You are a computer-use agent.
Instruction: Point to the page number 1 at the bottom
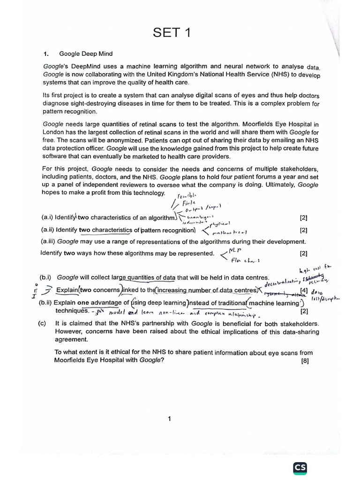[x=169, y=419]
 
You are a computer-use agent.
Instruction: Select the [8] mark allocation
[x=305, y=361]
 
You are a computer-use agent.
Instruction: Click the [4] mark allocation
[x=304, y=291]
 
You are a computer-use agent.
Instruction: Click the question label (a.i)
[x=47, y=217]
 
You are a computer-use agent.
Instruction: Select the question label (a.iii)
[x=49, y=242]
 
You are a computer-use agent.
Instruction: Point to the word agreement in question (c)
[x=71, y=339]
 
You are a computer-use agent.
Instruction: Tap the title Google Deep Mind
[x=86, y=54]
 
